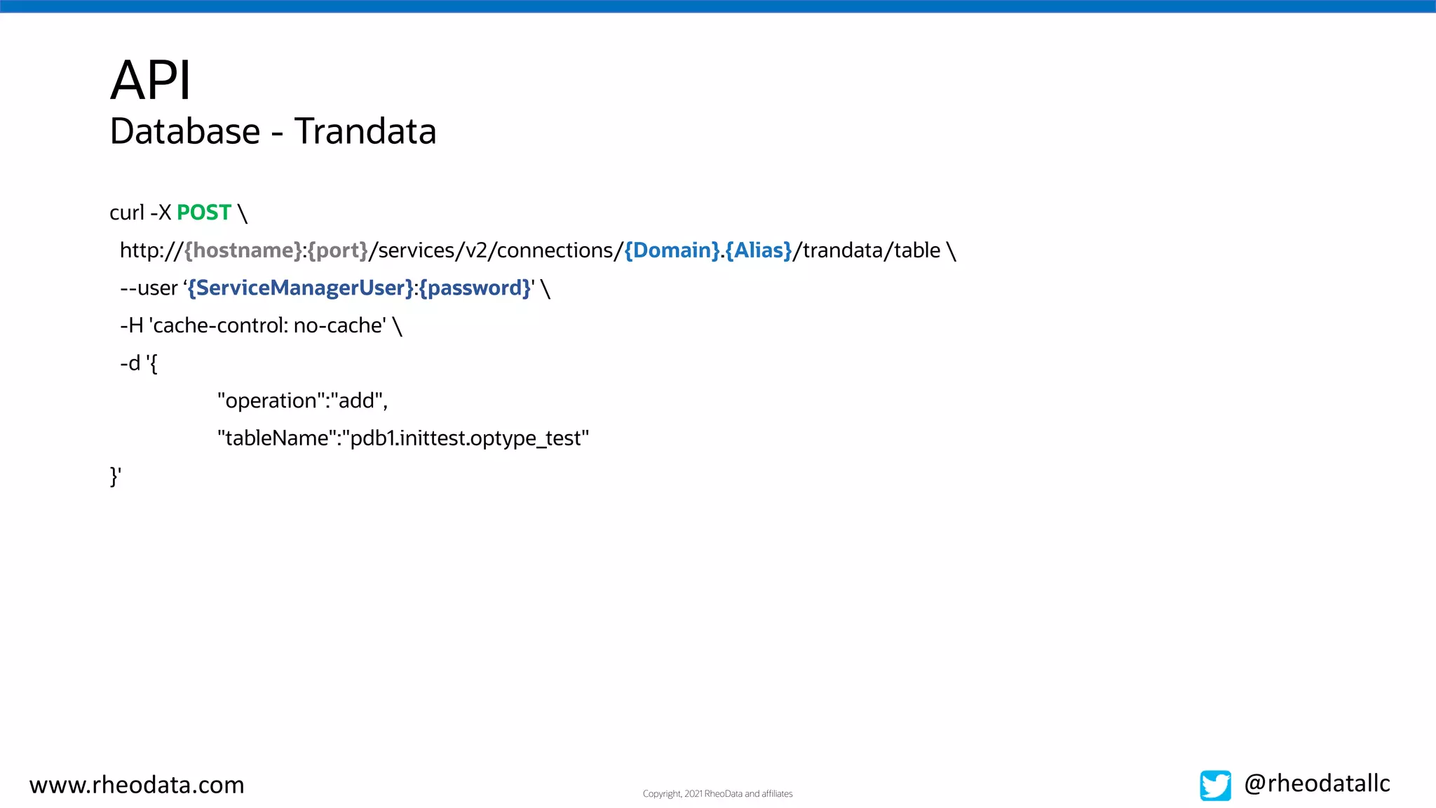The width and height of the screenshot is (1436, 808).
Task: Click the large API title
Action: tap(150, 80)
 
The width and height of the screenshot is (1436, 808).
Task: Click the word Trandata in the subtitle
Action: tap(365, 132)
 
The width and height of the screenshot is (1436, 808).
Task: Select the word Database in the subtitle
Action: tap(185, 132)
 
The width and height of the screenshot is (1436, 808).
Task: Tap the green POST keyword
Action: tap(203, 213)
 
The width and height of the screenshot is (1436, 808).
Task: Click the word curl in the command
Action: tap(126, 213)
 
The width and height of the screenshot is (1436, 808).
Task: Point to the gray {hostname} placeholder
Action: tap(243, 250)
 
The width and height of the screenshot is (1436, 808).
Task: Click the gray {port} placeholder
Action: tap(337, 250)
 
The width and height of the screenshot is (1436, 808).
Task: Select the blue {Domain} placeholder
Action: tap(671, 250)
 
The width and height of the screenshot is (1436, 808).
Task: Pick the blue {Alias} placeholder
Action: tap(759, 250)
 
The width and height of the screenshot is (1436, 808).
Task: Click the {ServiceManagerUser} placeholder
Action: tap(301, 288)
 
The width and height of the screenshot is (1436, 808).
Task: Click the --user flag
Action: tap(149, 288)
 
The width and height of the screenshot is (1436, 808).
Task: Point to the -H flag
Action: tap(131, 325)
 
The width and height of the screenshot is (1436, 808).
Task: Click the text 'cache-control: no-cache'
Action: tap(268, 325)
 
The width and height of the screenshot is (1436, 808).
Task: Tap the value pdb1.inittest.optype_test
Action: tap(466, 438)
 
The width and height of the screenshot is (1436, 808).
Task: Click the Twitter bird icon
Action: tap(1214, 785)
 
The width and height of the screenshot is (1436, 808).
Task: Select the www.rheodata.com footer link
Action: tap(137, 785)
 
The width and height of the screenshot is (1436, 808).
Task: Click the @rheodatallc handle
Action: tap(1317, 783)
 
